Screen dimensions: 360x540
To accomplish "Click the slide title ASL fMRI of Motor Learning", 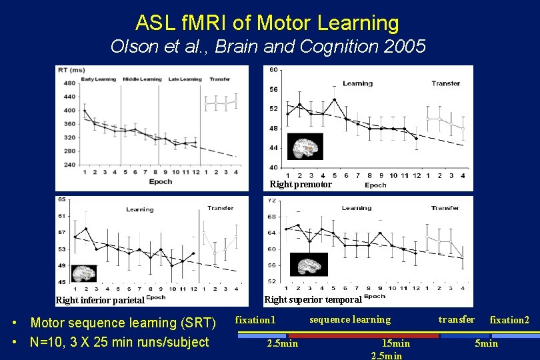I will tap(267, 23).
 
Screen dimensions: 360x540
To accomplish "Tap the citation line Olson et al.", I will tap(267, 47).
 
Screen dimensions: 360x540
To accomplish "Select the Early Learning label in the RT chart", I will tap(98, 79).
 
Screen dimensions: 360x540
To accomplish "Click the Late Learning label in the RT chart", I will tap(185, 79).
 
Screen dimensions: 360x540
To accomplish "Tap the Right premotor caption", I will tap(300, 184).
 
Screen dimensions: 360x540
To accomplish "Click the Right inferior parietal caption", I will tap(100, 299).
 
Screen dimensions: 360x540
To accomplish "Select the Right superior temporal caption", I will tap(313, 299).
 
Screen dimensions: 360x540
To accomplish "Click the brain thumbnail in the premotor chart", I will tap(305, 146).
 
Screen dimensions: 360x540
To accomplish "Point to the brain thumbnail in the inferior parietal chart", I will tap(84, 273).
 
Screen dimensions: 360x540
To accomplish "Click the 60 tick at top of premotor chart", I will tap(273, 70).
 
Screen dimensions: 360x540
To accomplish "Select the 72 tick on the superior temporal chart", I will tap(271, 201).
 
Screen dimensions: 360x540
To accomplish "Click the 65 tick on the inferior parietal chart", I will tap(61, 199).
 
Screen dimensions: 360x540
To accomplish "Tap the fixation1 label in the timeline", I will tap(255, 320).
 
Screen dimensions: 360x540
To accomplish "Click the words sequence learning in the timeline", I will tap(350, 319).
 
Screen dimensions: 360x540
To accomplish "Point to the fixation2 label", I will tap(509, 320).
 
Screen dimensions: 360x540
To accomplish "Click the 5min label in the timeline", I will tap(486, 343).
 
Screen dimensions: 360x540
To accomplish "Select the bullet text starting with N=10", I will tap(120, 343).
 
